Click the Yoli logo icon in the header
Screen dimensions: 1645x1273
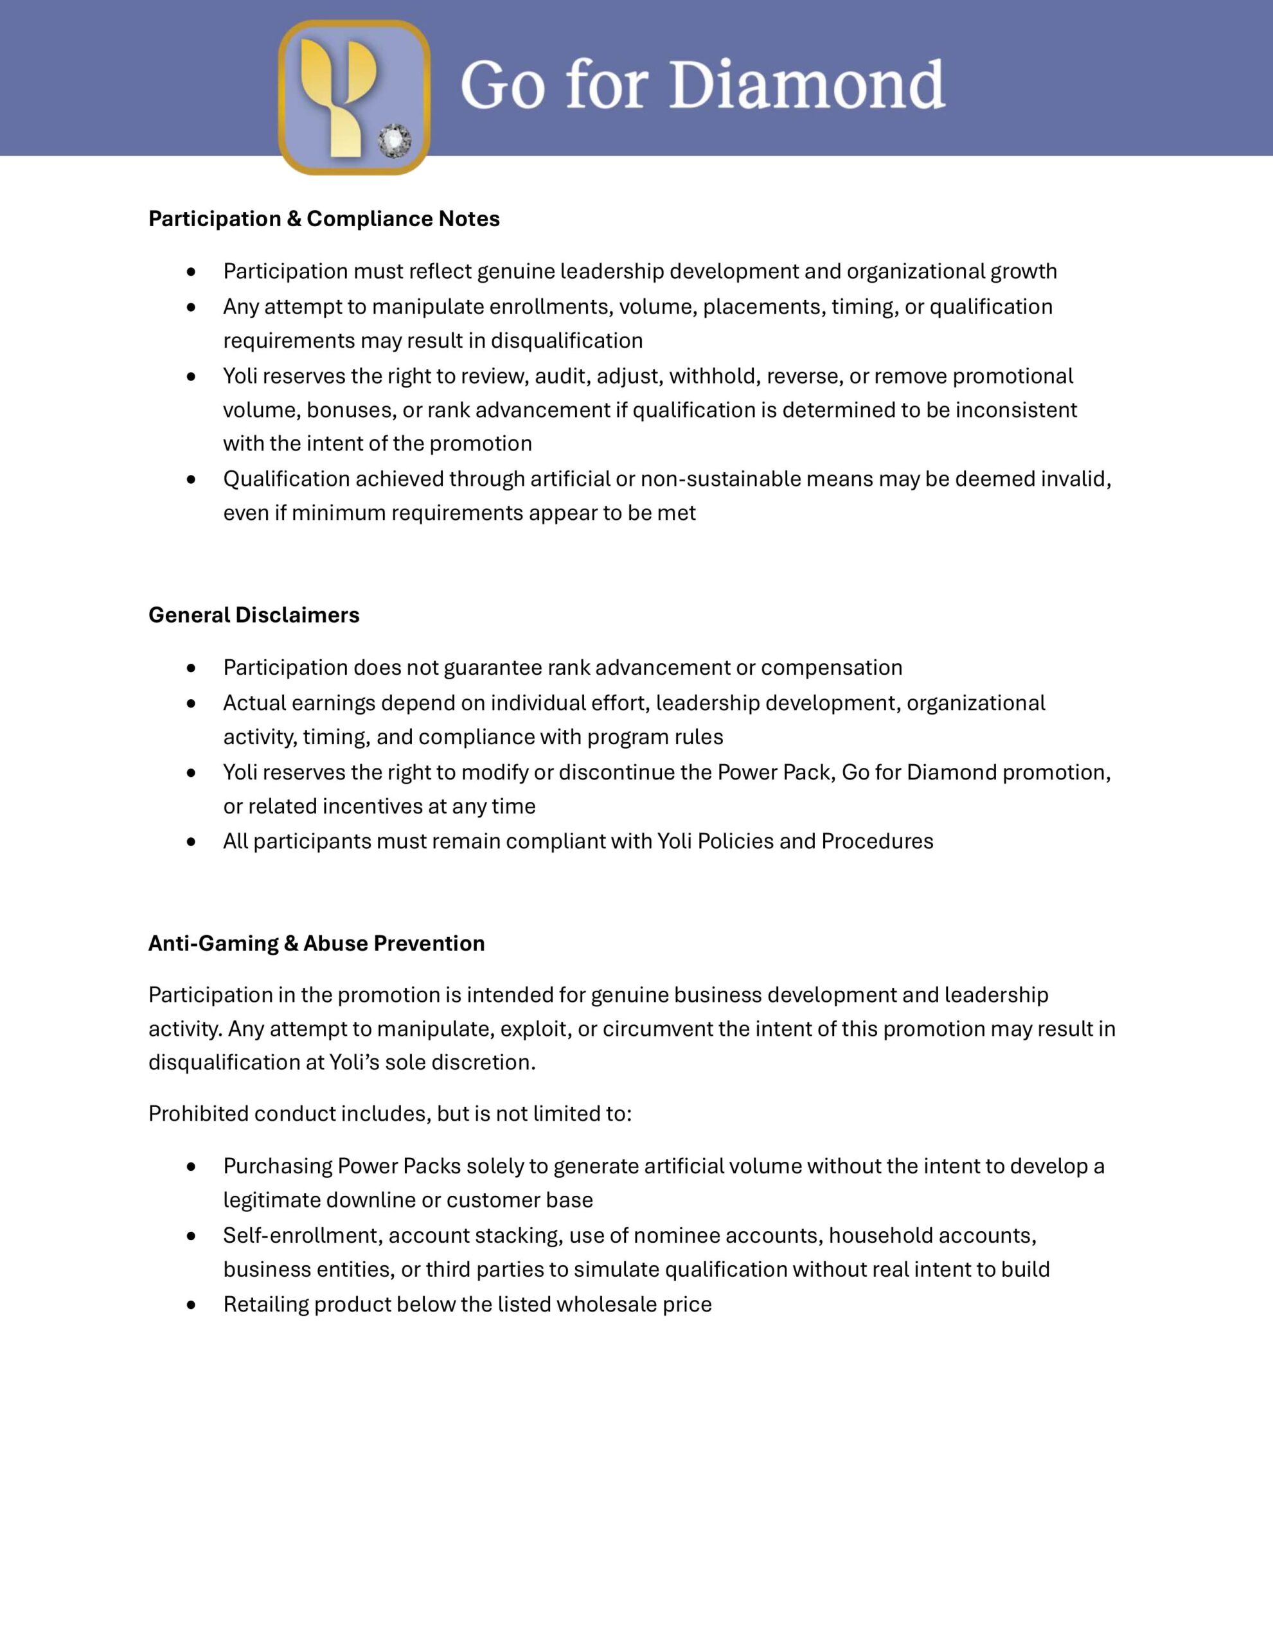point(353,96)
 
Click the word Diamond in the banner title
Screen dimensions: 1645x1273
point(806,84)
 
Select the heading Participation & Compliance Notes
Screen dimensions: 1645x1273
point(324,218)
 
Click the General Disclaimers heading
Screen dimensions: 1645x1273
point(254,614)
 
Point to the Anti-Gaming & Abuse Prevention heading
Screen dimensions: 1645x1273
point(316,943)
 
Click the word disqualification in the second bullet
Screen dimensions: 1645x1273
point(566,341)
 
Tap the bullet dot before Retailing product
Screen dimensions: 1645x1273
point(191,1304)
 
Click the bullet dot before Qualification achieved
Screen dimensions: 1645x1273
point(191,479)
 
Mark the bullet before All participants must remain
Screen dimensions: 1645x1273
point(191,841)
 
